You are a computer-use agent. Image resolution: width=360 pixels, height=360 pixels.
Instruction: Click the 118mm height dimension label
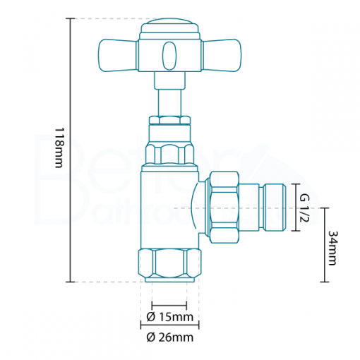(x=59, y=150)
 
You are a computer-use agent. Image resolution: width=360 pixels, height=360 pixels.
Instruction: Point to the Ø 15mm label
(x=169, y=316)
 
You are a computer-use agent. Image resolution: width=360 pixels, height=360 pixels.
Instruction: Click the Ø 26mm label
(x=169, y=337)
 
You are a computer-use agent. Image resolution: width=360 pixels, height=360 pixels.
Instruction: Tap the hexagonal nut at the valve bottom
(x=169, y=264)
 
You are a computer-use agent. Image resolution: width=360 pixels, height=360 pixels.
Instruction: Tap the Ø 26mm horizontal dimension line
(x=169, y=325)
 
